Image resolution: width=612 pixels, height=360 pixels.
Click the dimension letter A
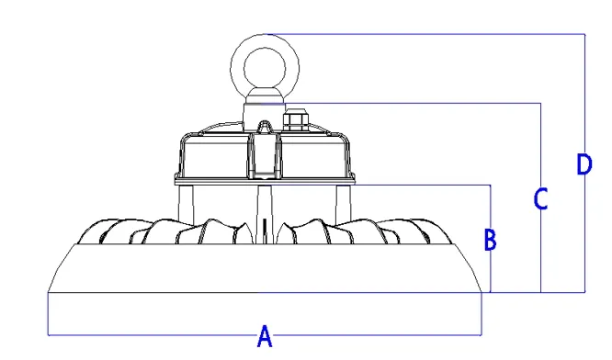click(x=265, y=337)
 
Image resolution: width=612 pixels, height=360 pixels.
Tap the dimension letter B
click(x=491, y=241)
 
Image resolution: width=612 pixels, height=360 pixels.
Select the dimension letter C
click(x=541, y=198)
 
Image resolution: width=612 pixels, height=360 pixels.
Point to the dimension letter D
click(x=584, y=165)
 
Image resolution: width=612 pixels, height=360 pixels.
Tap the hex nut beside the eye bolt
click(x=295, y=120)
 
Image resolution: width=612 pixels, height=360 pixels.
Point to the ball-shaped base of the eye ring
click(x=262, y=95)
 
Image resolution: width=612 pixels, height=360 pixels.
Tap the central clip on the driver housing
click(x=264, y=152)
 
